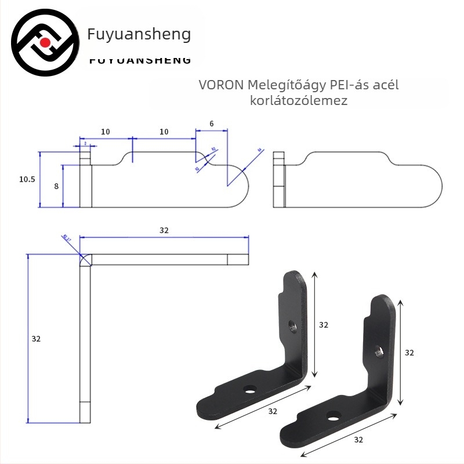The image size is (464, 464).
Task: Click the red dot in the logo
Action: [x=43, y=41]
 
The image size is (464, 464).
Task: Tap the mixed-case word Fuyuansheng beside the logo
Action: [x=139, y=34]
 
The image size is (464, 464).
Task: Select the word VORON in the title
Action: [x=221, y=85]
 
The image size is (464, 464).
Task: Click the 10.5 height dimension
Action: [x=27, y=180]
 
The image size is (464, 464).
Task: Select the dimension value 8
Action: [x=56, y=186]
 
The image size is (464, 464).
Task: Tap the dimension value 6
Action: [x=212, y=124]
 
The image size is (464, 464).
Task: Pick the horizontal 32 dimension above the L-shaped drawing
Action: [x=164, y=230]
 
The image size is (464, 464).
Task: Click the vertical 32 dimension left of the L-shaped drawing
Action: [x=36, y=338]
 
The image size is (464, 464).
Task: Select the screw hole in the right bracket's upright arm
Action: [x=379, y=352]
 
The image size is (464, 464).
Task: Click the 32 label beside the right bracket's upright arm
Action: [x=409, y=352]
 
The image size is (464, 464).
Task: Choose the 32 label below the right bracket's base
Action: [x=358, y=440]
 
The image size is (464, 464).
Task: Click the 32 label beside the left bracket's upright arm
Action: [x=324, y=325]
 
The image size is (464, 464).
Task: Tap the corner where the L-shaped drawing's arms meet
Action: [x=85, y=260]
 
